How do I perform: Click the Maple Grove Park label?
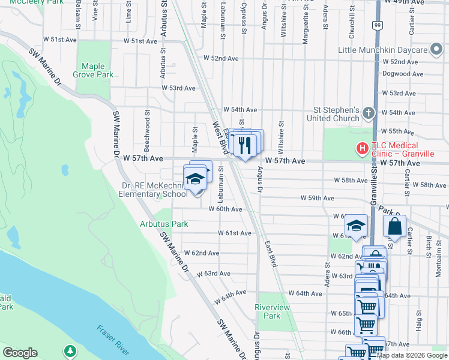(x=93, y=71)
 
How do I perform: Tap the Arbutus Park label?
(x=164, y=224)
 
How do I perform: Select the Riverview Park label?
(x=272, y=311)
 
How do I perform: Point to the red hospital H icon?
(x=362, y=147)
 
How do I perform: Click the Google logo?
(x=20, y=353)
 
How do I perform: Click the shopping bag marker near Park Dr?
(x=394, y=226)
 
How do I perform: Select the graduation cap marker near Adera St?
(x=356, y=226)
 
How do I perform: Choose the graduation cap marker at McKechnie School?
(x=194, y=179)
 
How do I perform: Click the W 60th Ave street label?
(x=225, y=209)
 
